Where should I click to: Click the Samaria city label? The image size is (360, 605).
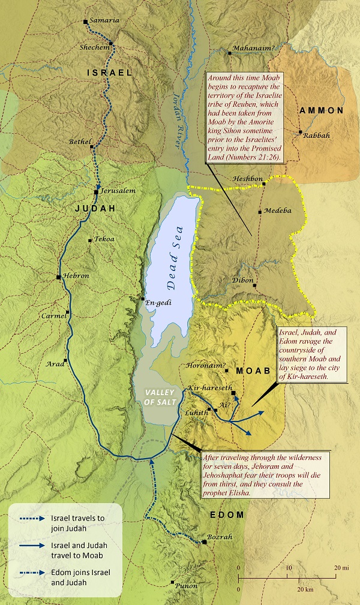pyautogui.click(x=106, y=20)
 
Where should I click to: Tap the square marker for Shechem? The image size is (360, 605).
pyautogui.click(x=110, y=44)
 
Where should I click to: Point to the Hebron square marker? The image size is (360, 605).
pyautogui.click(x=58, y=277)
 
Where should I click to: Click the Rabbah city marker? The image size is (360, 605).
pyautogui.click(x=300, y=132)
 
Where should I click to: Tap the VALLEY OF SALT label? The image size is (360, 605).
pyautogui.click(x=156, y=396)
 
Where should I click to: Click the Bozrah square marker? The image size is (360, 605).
pyautogui.click(x=205, y=542)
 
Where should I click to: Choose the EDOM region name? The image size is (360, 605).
pyautogui.click(x=227, y=514)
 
